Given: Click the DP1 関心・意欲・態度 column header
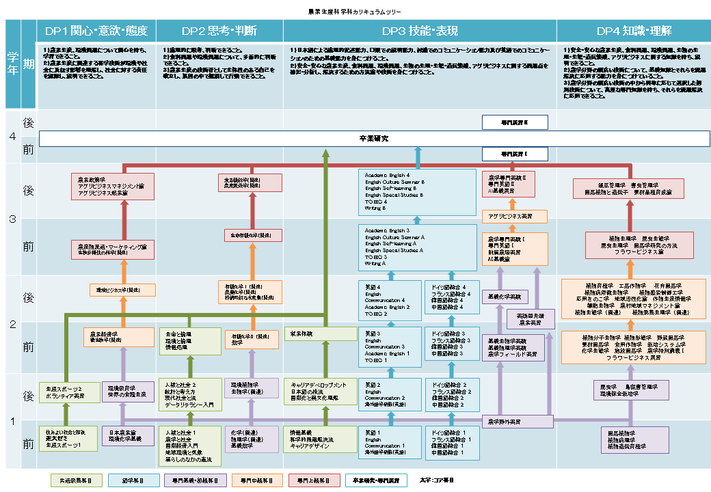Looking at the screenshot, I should click(96, 31).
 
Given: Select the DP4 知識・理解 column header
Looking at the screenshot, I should click(634, 31).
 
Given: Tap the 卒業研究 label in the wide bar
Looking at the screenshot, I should click(374, 139).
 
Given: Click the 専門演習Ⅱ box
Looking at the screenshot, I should click(514, 123).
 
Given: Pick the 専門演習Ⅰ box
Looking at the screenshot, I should click(514, 154).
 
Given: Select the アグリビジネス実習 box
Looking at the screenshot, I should click(514, 217).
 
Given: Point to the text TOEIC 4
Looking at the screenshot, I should click(377, 202).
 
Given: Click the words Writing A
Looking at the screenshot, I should click(375, 263).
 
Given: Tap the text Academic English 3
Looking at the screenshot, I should click(388, 231).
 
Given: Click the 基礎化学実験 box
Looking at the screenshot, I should click(505, 297).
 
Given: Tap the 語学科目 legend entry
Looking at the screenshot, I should click(134, 480).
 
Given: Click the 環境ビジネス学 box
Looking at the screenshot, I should click(122, 290).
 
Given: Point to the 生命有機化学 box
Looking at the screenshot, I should click(253, 235).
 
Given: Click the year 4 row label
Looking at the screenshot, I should click(12, 137).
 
